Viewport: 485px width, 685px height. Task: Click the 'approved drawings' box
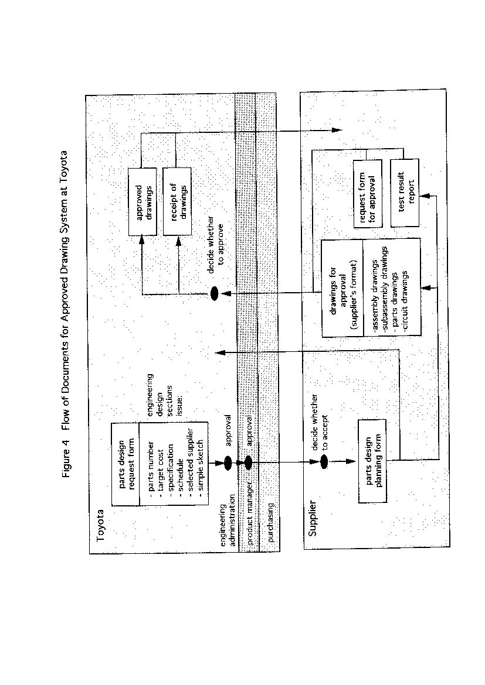[143, 202]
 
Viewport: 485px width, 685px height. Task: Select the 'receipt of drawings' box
[177, 202]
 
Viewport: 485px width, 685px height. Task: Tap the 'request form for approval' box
[368, 194]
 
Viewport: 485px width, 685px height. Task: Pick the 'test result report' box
[405, 193]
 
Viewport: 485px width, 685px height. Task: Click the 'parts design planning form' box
[372, 461]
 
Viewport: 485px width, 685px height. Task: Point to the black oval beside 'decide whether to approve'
[215, 293]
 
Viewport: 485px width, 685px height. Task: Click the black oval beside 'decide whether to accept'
[324, 462]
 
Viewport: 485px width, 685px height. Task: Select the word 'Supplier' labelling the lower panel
[313, 519]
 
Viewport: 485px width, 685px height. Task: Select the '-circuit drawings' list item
[405, 302]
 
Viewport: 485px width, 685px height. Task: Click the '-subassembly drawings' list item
[385, 290]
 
